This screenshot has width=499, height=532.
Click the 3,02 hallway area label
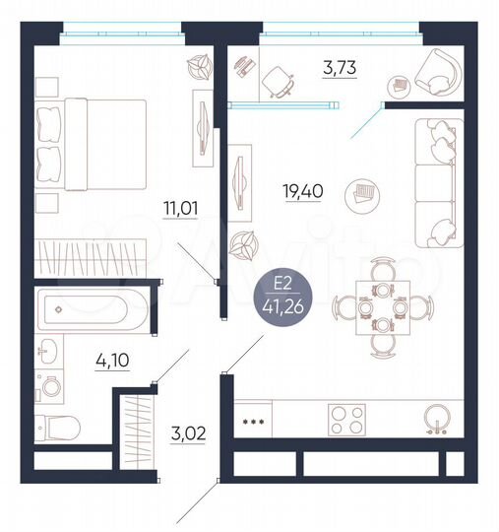click(187, 433)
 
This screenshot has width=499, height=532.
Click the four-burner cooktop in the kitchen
click(346, 420)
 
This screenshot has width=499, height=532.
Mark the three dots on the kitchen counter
click(254, 420)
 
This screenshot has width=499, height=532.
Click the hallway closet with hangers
click(136, 430)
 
